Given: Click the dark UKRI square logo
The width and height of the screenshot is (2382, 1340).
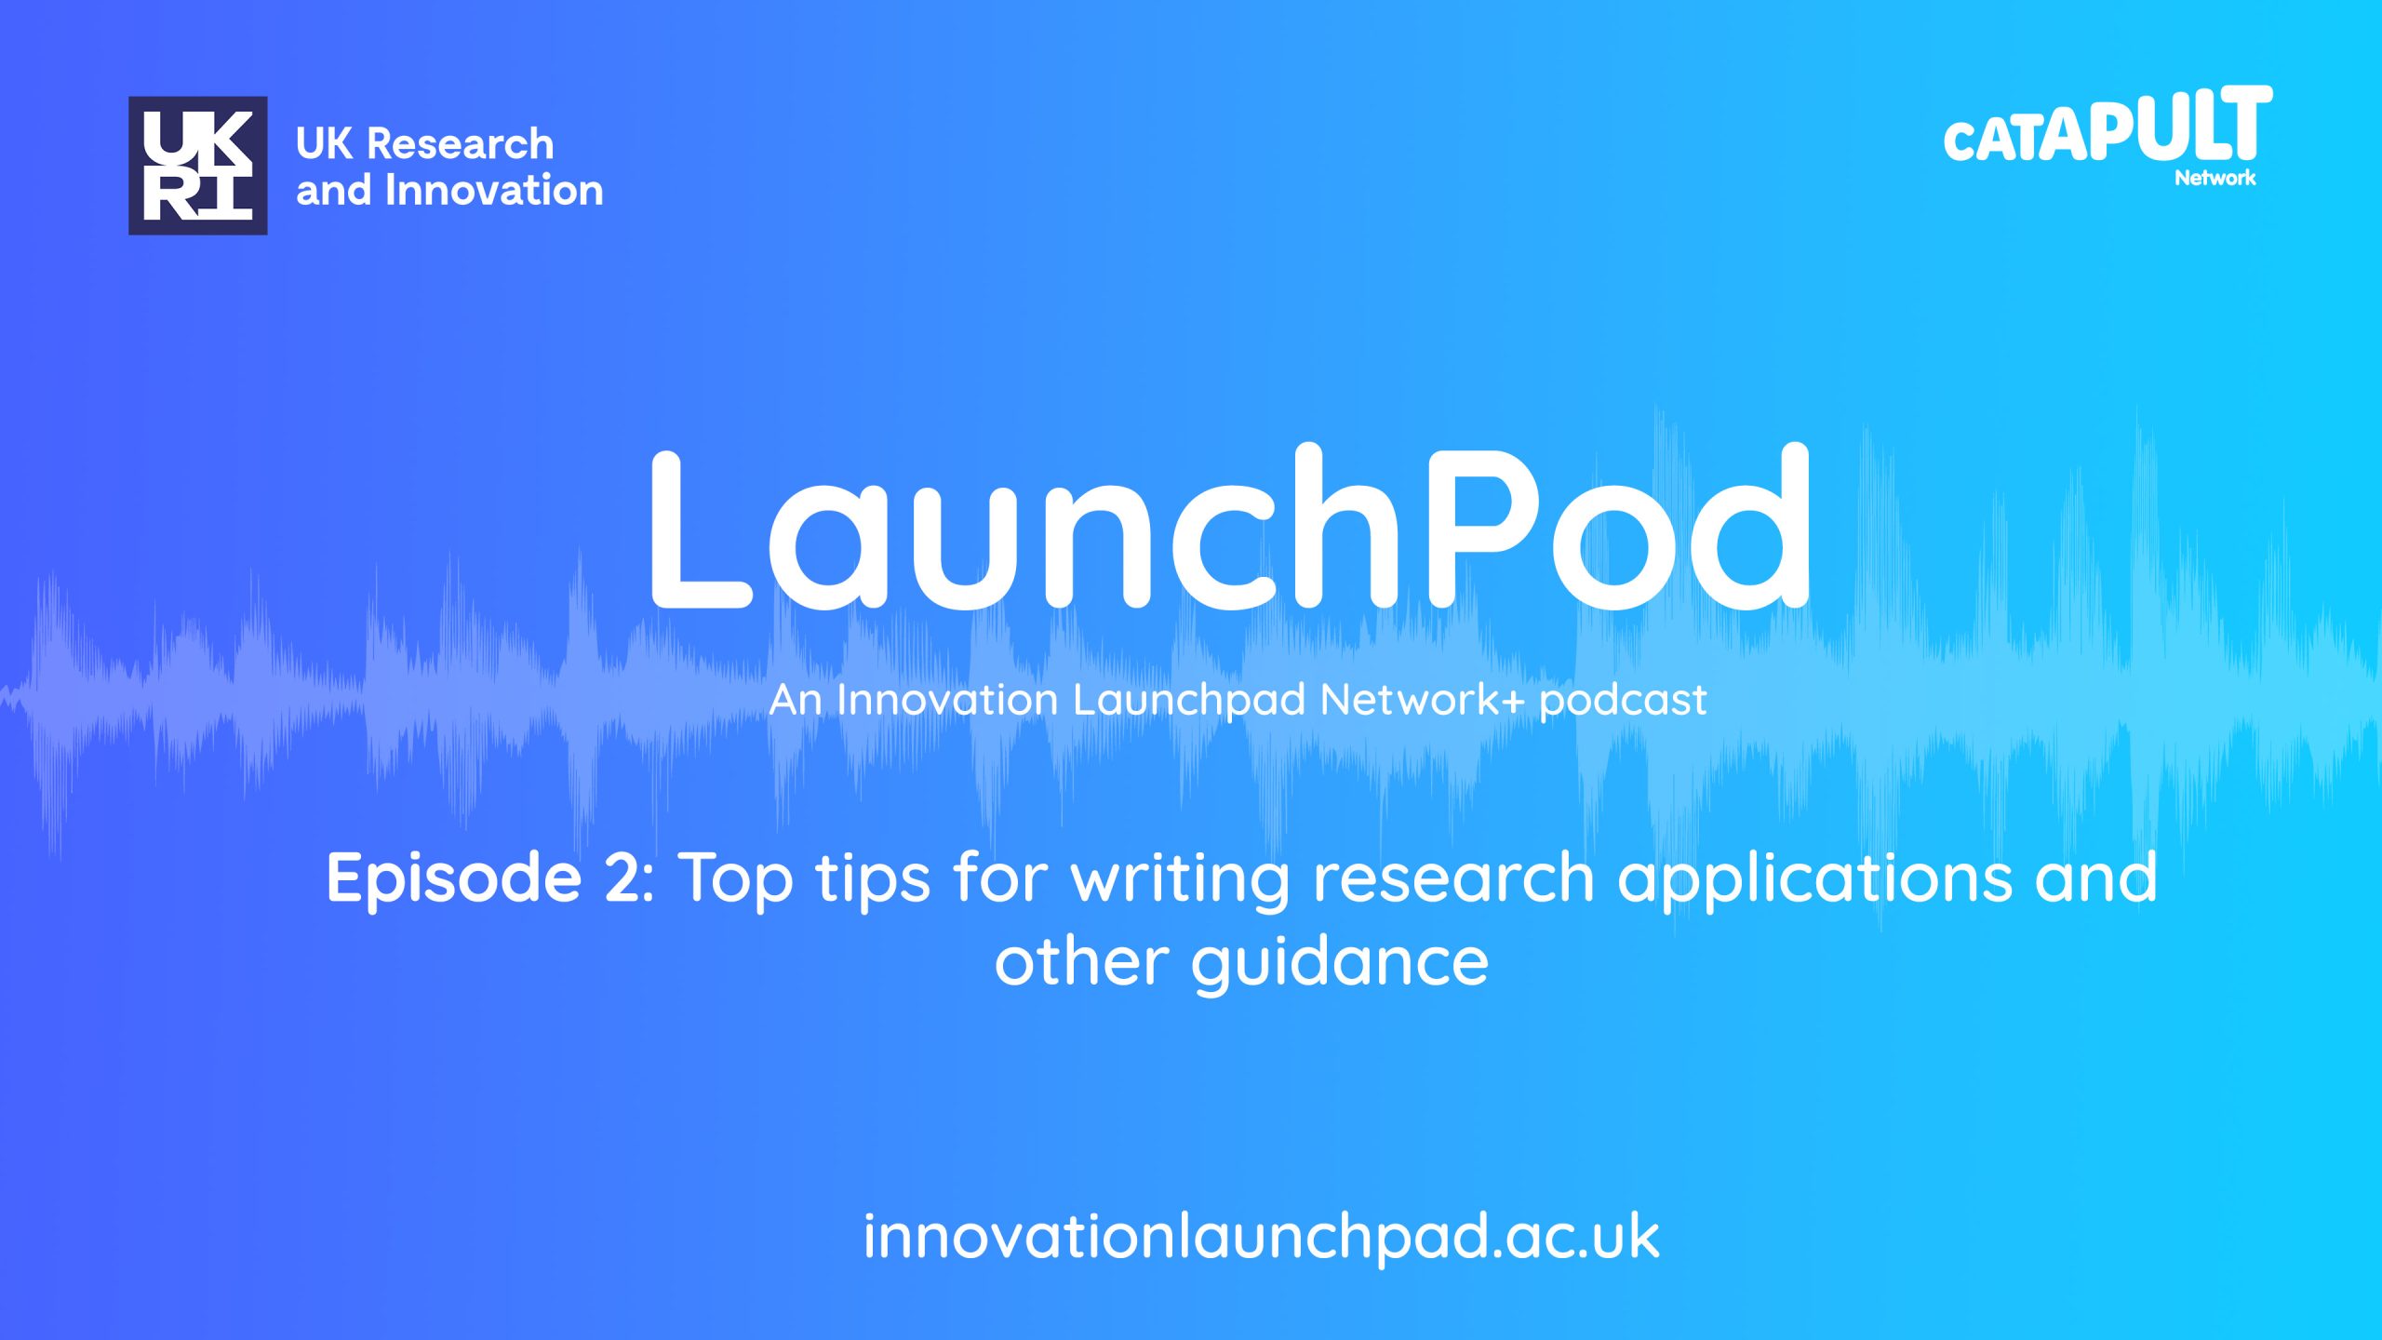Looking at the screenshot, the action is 198,166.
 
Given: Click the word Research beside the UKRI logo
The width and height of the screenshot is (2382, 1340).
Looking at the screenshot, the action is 461,144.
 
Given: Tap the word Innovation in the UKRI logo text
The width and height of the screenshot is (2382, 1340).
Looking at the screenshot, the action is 494,191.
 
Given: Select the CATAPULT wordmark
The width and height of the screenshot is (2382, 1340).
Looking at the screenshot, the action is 2108,126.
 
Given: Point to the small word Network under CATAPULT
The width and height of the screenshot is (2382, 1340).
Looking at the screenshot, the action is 2215,178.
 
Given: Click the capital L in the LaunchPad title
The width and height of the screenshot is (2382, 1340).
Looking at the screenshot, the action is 701,529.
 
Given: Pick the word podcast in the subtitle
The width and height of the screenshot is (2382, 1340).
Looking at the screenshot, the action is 1623,701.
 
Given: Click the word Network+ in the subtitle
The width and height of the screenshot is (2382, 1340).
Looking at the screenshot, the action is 1423,700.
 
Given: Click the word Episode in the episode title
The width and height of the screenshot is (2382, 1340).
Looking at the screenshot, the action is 454,878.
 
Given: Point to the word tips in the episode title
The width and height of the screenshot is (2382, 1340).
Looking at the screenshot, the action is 873,878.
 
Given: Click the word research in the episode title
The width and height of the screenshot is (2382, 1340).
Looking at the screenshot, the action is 1453,878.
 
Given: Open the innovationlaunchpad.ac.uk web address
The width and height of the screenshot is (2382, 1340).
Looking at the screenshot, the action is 1261,1238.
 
